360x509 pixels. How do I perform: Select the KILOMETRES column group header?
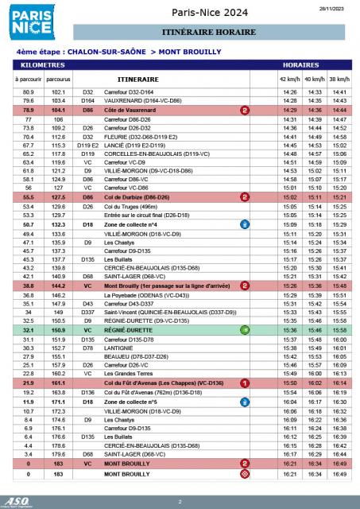pos(47,62)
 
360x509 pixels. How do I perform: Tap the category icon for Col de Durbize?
pos(245,196)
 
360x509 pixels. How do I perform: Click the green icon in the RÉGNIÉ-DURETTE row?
pos(245,328)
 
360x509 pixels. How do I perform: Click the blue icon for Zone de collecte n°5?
pos(245,403)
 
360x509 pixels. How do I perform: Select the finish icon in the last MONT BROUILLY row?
pos(245,473)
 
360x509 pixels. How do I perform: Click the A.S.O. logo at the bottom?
pos(16,499)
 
